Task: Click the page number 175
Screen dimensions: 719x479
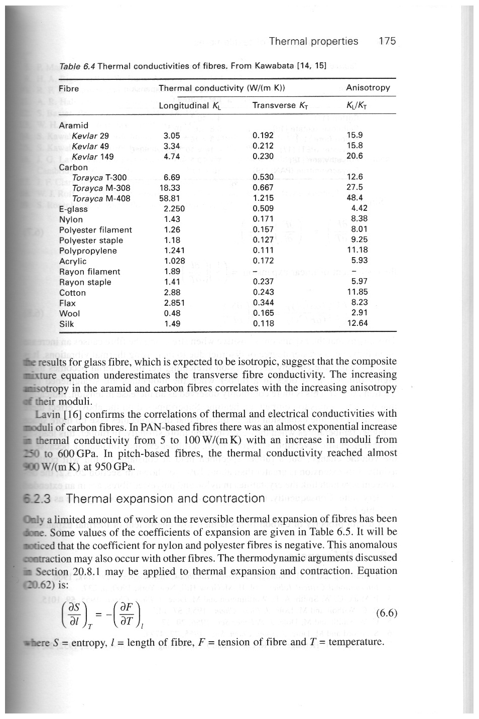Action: pyautogui.click(x=387, y=41)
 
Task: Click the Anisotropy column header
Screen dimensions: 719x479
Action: pyautogui.click(x=368, y=88)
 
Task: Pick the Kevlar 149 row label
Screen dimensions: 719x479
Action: pyautogui.click(x=93, y=157)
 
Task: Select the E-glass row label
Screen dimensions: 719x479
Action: pyautogui.click(x=73, y=209)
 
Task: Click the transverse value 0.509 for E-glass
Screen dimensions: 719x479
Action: pyautogui.click(x=263, y=209)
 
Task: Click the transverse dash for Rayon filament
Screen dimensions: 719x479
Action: pyautogui.click(x=256, y=272)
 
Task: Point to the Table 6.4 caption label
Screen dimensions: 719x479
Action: pyautogui.click(x=78, y=67)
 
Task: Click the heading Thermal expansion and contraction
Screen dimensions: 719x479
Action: pyautogui.click(x=165, y=499)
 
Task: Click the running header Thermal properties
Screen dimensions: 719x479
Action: pyautogui.click(x=313, y=41)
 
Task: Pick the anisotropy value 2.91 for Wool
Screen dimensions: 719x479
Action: pyautogui.click(x=360, y=313)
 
